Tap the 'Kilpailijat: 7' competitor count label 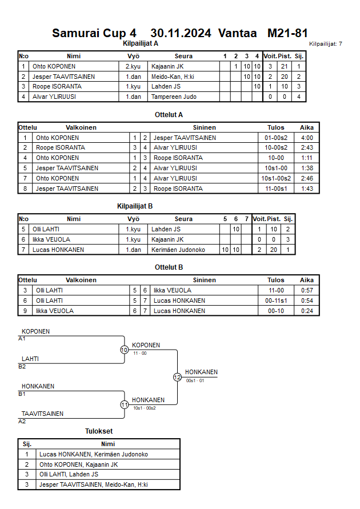point(325,44)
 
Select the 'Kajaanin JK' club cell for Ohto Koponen point(167,66)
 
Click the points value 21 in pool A point(285,66)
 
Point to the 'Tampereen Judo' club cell point(174,97)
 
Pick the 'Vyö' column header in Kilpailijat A point(133,56)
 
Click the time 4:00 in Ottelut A point(307,138)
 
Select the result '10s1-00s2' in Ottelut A point(276,178)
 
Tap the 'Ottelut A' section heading point(169,115)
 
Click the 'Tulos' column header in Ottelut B point(276,280)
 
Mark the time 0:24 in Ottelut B point(307,311)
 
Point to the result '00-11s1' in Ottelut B point(276,300)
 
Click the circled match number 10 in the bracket point(124,350)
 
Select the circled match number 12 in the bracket point(177,377)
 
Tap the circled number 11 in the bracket point(124,404)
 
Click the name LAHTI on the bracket point(30,359)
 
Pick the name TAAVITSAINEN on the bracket point(42,414)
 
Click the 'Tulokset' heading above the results point(99,431)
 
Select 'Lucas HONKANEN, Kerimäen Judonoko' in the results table point(94,454)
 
